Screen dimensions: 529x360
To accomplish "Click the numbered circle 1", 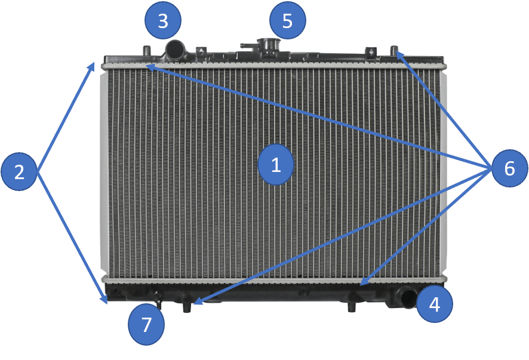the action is click(x=276, y=165).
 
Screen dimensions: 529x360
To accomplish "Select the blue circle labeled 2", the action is click(x=19, y=171).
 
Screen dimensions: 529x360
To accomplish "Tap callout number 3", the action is click(x=163, y=20).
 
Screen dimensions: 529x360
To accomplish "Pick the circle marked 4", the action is click(x=435, y=304).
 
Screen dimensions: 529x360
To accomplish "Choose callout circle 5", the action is click(x=287, y=20).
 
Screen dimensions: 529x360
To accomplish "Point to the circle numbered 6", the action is click(x=510, y=168).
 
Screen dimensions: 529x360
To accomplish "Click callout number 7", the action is click(x=146, y=325).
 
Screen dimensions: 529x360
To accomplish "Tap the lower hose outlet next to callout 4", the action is click(x=407, y=297).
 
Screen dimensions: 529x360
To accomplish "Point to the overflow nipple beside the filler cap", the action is click(x=248, y=45).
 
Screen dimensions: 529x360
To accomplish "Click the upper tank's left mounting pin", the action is click(x=147, y=50).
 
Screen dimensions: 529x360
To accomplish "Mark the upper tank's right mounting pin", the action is click(x=394, y=50).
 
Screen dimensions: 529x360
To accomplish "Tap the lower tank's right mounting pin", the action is click(x=352, y=306).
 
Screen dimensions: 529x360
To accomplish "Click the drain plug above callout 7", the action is click(x=158, y=300).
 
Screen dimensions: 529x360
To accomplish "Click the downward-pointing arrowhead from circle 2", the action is click(x=104, y=299).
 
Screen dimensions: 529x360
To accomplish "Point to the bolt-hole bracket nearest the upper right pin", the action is click(x=371, y=51).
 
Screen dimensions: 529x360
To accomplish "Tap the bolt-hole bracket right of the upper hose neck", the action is click(x=201, y=51).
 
